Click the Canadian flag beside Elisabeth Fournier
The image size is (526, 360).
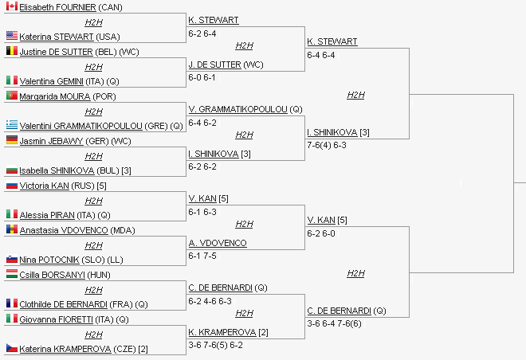point(11,6)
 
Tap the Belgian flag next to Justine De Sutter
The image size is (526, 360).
point(11,51)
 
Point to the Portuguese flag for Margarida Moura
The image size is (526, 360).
point(11,96)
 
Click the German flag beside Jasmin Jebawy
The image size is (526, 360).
point(11,140)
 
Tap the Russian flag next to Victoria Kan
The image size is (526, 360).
point(11,185)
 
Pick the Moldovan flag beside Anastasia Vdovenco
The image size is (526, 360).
point(11,229)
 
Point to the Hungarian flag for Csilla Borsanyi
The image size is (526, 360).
point(11,274)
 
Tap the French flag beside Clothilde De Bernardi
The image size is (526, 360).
point(11,303)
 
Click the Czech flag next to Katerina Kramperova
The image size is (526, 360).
point(11,348)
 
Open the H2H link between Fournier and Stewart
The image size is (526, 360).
point(93,22)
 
